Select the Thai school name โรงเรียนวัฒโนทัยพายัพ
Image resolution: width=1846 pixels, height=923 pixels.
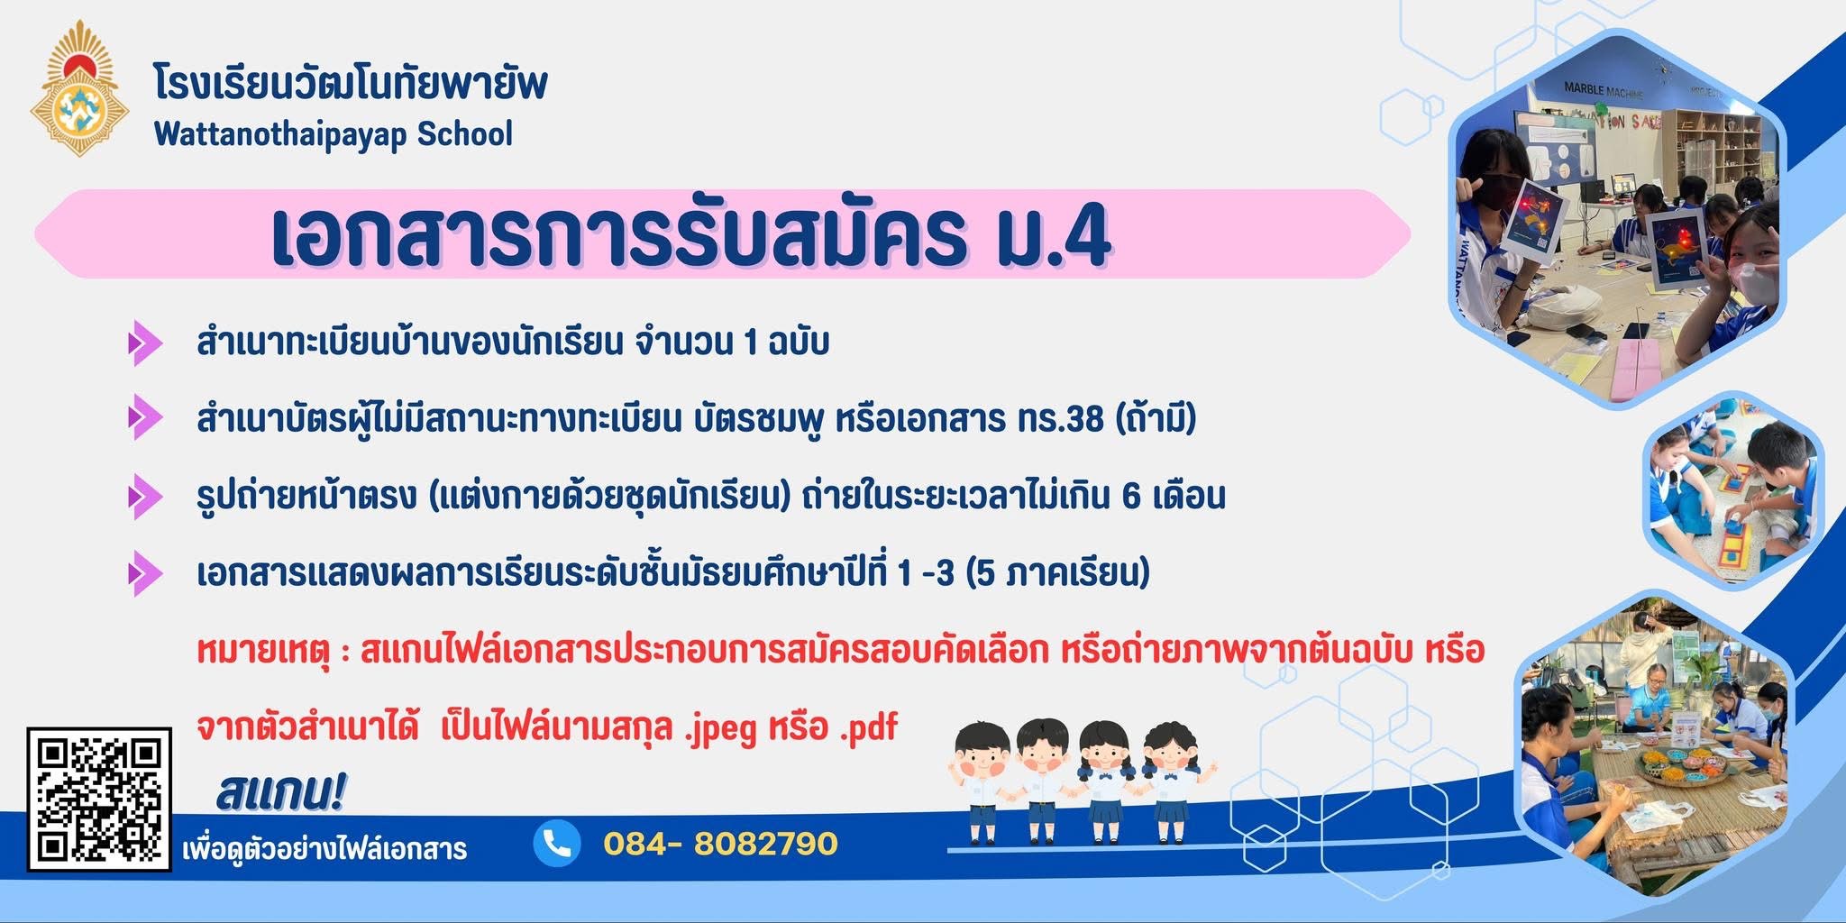pos(351,85)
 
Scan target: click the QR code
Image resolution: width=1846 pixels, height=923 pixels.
pos(99,800)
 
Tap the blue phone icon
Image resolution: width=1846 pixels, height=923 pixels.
pos(557,844)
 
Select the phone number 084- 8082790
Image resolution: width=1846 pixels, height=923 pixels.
pos(720,844)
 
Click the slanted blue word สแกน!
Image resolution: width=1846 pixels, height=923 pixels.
pos(280,791)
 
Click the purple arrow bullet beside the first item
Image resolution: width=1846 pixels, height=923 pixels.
pos(144,343)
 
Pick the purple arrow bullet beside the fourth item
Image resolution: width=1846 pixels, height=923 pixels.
pos(144,573)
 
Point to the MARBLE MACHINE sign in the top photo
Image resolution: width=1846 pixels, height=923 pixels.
pos(1604,90)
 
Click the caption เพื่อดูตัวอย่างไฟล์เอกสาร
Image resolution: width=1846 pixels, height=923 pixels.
pos(324,849)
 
